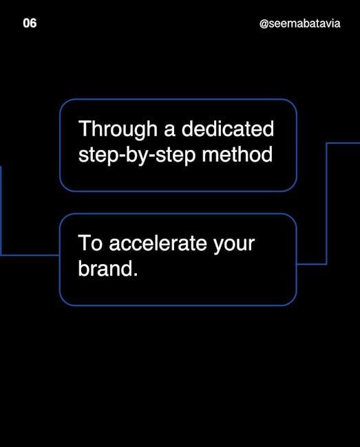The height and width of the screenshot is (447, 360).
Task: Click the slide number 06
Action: [x=30, y=23]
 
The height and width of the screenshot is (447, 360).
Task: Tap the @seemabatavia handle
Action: [x=300, y=23]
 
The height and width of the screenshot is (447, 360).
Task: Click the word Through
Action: [x=118, y=130]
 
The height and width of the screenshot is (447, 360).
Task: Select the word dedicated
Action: [x=228, y=129]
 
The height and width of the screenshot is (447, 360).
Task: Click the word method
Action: [x=237, y=154]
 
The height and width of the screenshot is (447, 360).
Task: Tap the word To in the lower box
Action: [x=90, y=243]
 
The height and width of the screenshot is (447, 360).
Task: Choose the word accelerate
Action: [x=158, y=243]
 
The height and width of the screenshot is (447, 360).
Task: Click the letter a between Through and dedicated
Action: [x=169, y=131]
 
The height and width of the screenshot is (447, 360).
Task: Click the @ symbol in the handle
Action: [x=264, y=24]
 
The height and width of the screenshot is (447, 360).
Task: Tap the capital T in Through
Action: [x=84, y=129]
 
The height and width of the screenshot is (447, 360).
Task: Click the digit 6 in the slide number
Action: [x=33, y=23]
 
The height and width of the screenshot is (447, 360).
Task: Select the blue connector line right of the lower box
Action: [x=326, y=204]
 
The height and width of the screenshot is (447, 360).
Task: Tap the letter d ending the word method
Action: [x=267, y=154]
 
